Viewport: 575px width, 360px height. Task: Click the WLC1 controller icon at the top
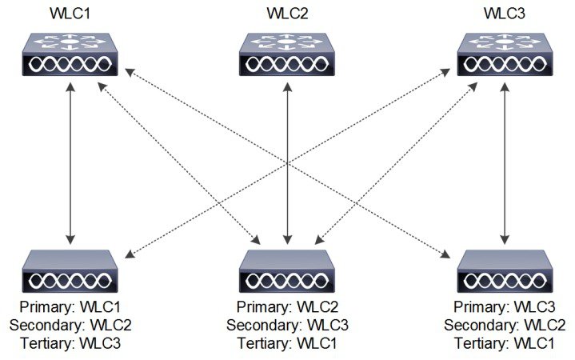[71, 55]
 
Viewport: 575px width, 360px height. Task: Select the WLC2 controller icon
[287, 55]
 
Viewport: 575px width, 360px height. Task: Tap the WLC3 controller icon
[503, 55]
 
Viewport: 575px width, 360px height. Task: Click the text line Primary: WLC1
[71, 308]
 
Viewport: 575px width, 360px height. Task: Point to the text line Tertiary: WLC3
[71, 342]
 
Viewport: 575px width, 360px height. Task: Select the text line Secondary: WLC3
[287, 326]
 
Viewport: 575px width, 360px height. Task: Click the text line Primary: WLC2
[287, 308]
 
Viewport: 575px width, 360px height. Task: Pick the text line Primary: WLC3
[503, 308]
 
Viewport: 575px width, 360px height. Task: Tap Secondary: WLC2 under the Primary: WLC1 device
[71, 326]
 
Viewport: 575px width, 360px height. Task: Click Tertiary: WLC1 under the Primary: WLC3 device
[503, 342]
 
